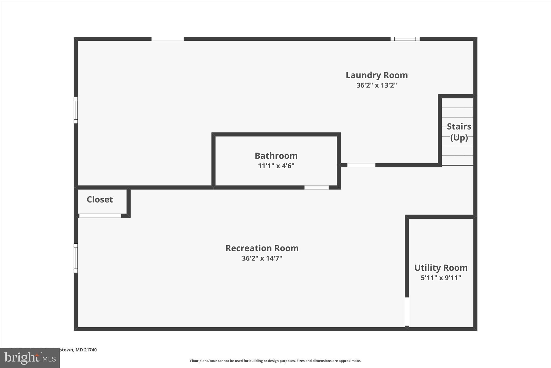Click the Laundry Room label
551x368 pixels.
tap(377, 75)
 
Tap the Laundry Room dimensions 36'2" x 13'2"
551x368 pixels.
tap(377, 85)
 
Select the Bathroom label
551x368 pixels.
tap(276, 156)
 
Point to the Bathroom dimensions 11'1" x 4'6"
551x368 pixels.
tap(276, 166)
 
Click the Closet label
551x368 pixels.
tap(100, 200)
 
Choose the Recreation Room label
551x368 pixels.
tap(262, 248)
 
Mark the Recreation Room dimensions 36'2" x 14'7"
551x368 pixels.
tap(262, 258)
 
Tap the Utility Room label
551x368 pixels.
tap(441, 268)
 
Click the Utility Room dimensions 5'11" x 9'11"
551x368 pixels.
tap(441, 278)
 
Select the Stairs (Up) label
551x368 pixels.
tap(459, 132)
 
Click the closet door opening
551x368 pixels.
tap(100, 216)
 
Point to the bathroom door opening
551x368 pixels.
tap(316, 187)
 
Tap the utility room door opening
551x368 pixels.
tap(407, 312)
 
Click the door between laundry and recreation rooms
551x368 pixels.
tap(361, 165)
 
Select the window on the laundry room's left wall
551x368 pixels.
tap(76, 110)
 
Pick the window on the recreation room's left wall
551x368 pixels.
tap(76, 258)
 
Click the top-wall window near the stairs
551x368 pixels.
tap(405, 39)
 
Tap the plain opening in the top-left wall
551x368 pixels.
tap(168, 39)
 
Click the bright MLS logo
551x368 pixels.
tap(30, 358)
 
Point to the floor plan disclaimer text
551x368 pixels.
tap(275, 361)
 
